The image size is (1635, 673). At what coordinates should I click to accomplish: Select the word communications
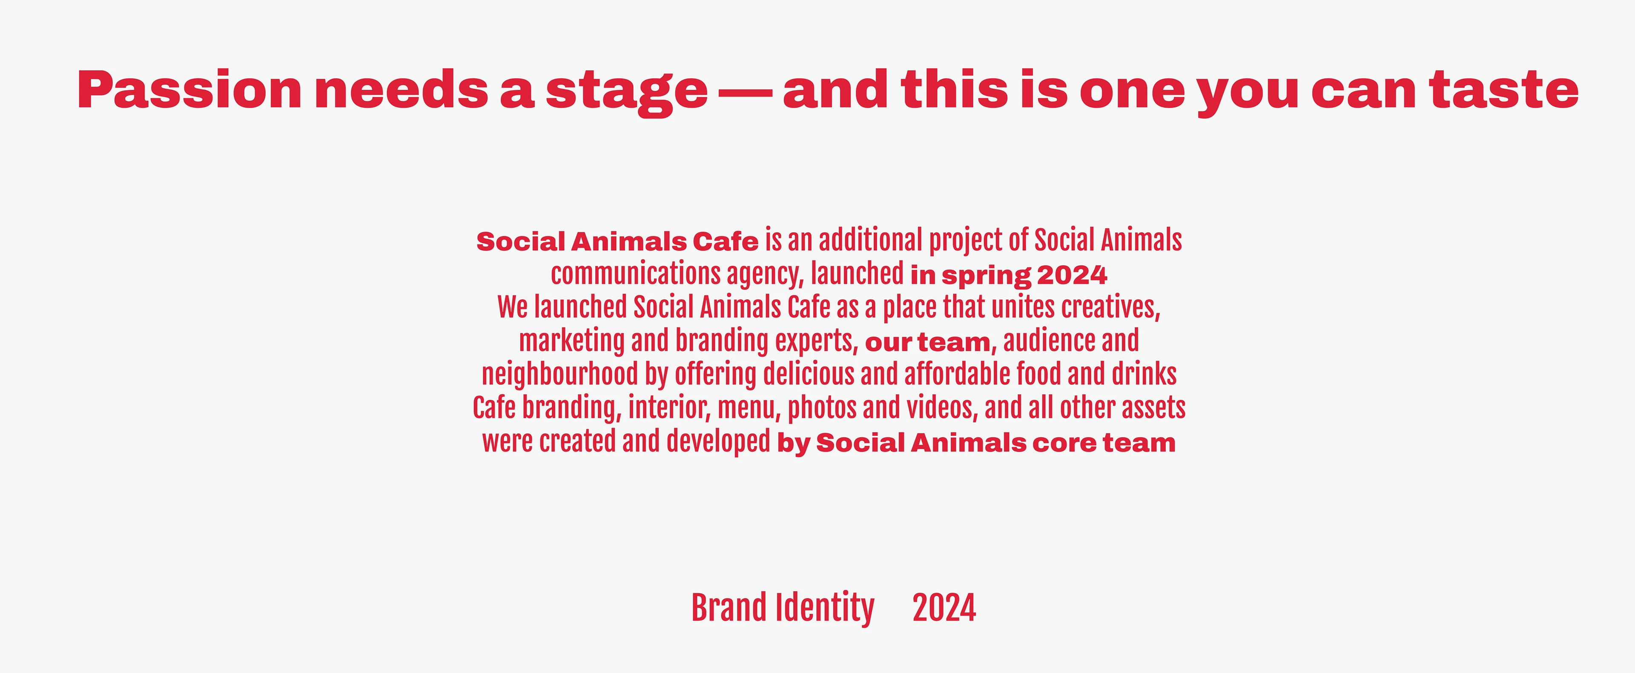[x=635, y=274]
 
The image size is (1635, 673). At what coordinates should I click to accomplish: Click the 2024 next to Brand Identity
[x=944, y=608]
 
